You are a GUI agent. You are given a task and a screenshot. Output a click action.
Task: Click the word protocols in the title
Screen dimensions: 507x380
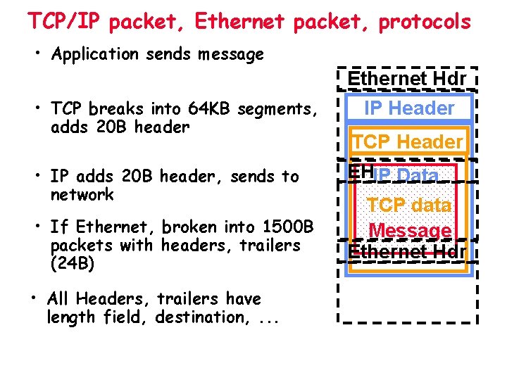pyautogui.click(x=425, y=22)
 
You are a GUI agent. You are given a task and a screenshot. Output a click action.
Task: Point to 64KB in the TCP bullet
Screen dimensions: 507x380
pyautogui.click(x=210, y=109)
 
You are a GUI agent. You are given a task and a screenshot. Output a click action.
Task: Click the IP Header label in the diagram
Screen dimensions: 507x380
pyautogui.click(x=409, y=108)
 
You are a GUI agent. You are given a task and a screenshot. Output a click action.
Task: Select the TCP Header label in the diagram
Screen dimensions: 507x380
pyautogui.click(x=407, y=141)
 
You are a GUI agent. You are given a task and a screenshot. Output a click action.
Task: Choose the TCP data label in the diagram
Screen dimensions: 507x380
pyautogui.click(x=409, y=205)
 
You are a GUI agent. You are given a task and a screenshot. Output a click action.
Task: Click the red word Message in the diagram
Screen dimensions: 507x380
pyautogui.click(x=410, y=230)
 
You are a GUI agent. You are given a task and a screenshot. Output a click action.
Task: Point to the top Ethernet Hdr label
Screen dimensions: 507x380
pyautogui.click(x=407, y=79)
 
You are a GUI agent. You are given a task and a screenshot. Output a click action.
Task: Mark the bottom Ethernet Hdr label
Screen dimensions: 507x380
pyautogui.click(x=407, y=251)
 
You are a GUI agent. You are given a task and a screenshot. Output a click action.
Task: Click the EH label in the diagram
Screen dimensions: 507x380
pyautogui.click(x=359, y=172)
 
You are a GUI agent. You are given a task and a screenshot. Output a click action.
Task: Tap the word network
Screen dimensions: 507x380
pyautogui.click(x=82, y=195)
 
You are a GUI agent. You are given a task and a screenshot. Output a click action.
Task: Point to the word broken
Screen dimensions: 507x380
pyautogui.click(x=187, y=227)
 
